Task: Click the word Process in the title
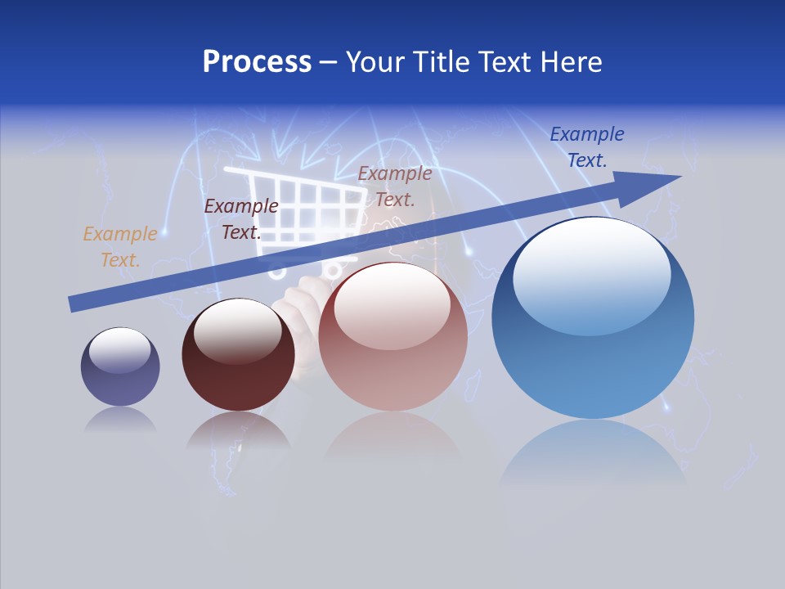pos(257,62)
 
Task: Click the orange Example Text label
pos(120,247)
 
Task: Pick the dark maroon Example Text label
pos(241,219)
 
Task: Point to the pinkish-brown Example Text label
pos(395,187)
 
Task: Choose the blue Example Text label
pos(587,147)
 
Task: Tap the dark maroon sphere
pos(238,368)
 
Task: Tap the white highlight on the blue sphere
pos(591,274)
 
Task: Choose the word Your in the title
pos(373,62)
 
